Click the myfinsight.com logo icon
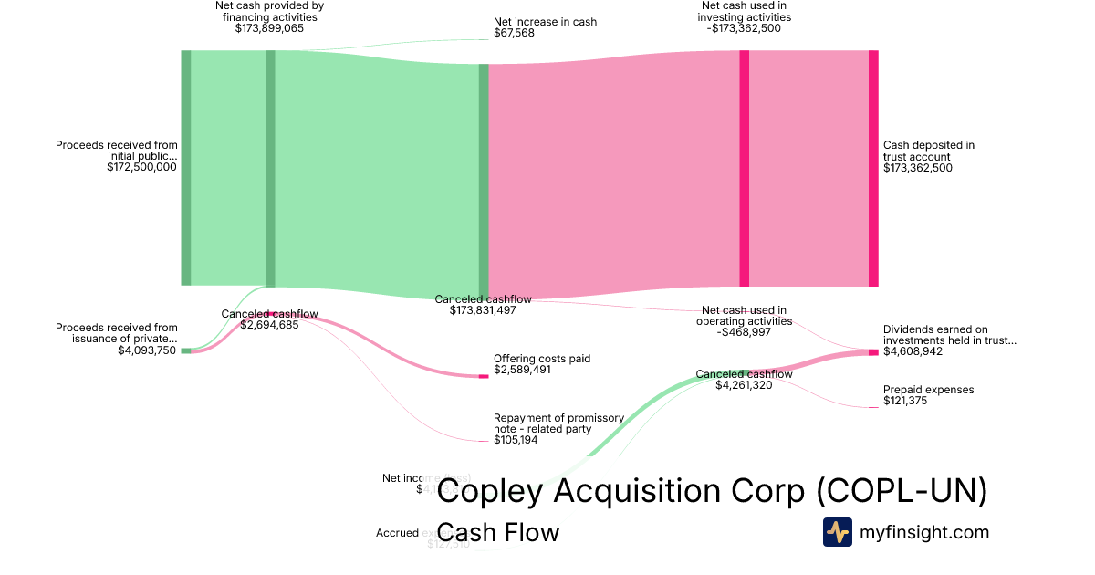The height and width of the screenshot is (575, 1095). coord(837,532)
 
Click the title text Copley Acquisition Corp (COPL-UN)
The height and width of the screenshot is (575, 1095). coord(712,491)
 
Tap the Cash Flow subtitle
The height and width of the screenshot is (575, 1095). coord(498,532)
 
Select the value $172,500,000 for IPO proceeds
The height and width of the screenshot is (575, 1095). coord(141,168)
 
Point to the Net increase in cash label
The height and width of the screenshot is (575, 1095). coord(545,21)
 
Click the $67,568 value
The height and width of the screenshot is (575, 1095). coord(514,33)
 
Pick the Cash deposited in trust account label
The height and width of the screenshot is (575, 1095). coord(929,151)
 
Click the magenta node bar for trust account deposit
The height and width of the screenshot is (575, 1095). coord(873,168)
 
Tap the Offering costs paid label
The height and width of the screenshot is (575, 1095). coord(542,359)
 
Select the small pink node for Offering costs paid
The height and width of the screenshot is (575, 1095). coord(484,376)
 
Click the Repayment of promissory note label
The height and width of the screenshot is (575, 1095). coord(558,423)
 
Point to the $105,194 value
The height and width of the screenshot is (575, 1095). coord(516,440)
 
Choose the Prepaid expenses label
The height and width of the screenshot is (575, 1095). coord(928,390)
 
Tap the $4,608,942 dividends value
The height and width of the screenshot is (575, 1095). coord(913,351)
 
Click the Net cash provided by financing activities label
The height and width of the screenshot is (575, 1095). coord(269,11)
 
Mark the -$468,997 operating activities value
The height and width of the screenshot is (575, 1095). coord(744,332)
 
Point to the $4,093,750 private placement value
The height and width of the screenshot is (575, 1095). coord(147,350)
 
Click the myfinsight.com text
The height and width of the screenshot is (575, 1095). coord(924,532)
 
